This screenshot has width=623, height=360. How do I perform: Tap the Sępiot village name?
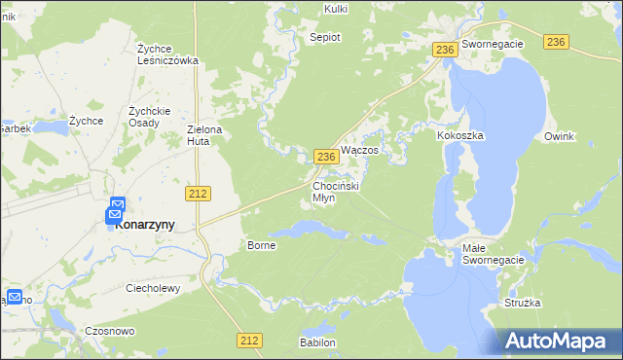click(325, 37)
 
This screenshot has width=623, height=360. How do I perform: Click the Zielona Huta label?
click(205, 134)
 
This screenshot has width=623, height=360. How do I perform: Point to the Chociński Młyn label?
click(337, 191)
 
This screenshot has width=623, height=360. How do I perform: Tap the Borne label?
click(262, 245)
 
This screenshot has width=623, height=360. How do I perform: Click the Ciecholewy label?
click(157, 288)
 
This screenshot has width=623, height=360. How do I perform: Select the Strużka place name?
click(523, 303)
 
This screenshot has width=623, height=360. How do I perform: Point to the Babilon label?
click(317, 342)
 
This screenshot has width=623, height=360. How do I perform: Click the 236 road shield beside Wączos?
click(327, 157)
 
